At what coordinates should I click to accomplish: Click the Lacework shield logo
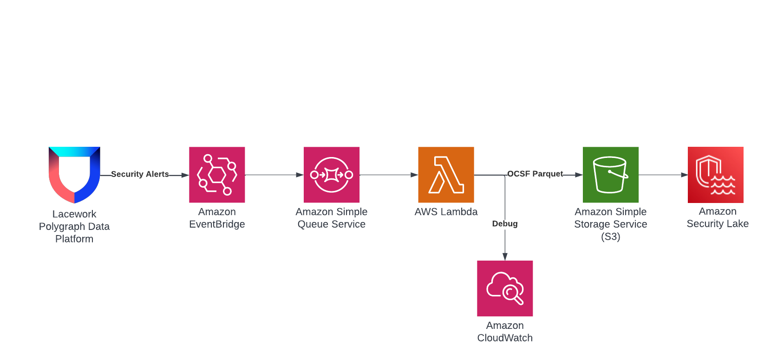74,175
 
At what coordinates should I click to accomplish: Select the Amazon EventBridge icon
217,175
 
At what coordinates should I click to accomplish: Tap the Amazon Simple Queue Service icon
332,175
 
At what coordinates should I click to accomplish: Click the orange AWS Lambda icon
446,175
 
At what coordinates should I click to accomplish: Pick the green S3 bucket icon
611,175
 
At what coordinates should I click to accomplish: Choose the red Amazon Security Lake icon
716,175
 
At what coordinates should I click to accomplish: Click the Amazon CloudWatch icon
505,288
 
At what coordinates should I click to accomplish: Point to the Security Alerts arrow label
140,174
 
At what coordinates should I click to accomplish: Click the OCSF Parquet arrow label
535,174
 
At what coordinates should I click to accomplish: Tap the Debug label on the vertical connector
505,224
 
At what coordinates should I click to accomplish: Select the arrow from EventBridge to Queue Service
274,175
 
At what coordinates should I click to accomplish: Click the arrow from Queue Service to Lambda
389,175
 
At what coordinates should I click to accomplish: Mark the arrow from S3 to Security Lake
663,175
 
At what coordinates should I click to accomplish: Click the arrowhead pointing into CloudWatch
505,256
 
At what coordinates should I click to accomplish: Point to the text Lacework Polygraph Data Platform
74,227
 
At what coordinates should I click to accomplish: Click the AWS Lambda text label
446,212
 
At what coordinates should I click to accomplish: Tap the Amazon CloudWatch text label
505,332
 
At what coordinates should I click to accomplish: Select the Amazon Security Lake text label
718,217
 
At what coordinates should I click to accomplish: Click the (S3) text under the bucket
611,237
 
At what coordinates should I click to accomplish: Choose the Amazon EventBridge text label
217,218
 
